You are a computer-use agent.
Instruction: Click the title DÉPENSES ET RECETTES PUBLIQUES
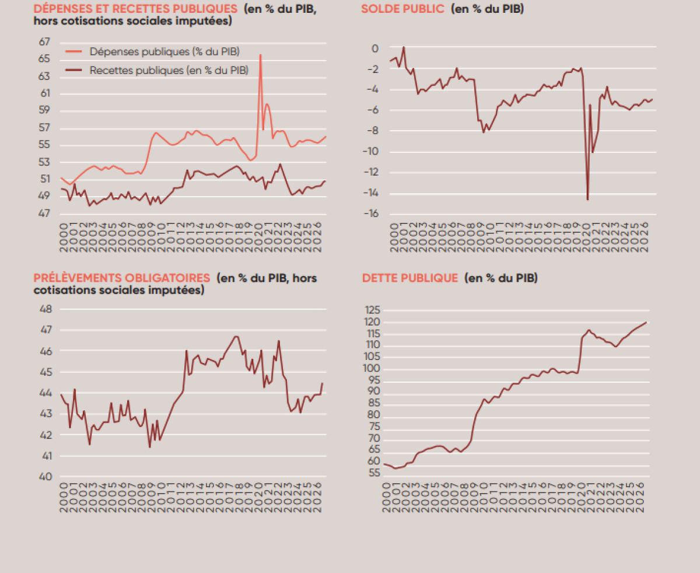tap(135, 9)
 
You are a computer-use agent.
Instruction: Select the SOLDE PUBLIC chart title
tap(403, 9)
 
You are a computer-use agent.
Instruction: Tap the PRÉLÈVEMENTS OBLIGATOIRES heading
tap(121, 278)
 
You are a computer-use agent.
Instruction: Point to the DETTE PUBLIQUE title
tap(410, 278)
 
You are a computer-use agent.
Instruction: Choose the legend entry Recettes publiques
tap(169, 70)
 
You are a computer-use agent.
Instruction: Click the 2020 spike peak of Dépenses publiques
tap(260, 55)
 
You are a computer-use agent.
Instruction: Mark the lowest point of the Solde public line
tap(587, 200)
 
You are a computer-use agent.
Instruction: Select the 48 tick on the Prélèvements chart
tap(45, 309)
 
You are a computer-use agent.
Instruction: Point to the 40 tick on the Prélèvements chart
tap(45, 477)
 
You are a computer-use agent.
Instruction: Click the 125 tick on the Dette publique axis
tap(372, 310)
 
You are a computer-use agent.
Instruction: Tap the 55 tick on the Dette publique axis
tap(374, 473)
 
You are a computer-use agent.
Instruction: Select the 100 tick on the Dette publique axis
tap(372, 369)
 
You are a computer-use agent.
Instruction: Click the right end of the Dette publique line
tap(646, 322)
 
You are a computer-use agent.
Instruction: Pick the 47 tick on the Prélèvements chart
tap(45, 330)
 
